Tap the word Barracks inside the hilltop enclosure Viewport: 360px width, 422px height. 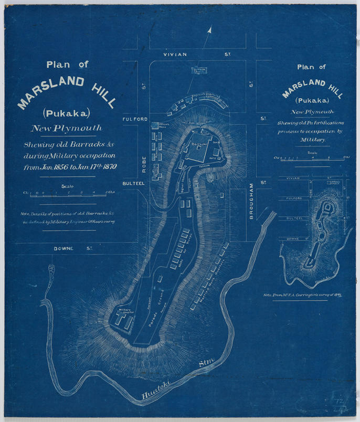(x=199, y=143)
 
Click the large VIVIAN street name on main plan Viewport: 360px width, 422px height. (x=175, y=54)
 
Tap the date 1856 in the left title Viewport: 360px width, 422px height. (x=57, y=167)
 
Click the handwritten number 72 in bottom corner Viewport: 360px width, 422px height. (x=337, y=401)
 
